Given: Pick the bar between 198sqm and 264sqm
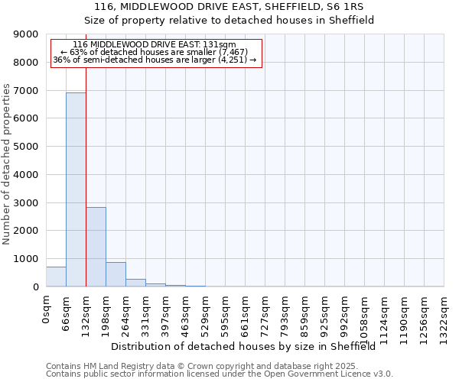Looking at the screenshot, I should click(x=116, y=274).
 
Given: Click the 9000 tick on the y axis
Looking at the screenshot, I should click(x=27, y=34).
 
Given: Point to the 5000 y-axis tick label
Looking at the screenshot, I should click(x=27, y=147).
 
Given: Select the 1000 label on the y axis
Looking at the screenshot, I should click(x=27, y=259).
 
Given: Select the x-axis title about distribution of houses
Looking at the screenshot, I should click(x=249, y=347).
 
